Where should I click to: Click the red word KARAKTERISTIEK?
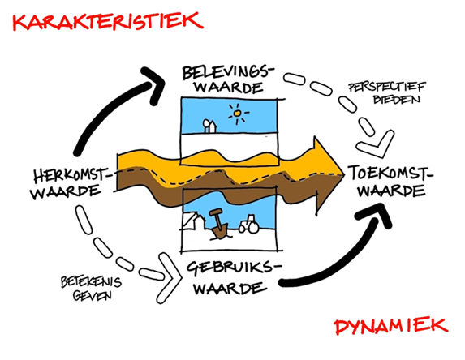coord(108,21)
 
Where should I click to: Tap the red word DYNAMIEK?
coord(391,326)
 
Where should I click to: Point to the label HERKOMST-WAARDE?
coord(71,183)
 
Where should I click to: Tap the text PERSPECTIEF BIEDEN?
coord(387,92)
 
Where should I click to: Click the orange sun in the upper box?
coord(237,114)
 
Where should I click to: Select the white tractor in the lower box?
coord(249,225)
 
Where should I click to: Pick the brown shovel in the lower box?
coord(218,224)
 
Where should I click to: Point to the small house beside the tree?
coord(213,126)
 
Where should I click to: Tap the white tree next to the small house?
coord(206,125)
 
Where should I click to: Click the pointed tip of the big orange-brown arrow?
coord(343,175)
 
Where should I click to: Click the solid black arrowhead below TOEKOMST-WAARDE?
coord(376,214)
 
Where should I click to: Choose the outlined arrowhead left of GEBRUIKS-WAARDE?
coord(170,278)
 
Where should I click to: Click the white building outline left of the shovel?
coord(193,221)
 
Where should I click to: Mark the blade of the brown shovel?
coord(219,232)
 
